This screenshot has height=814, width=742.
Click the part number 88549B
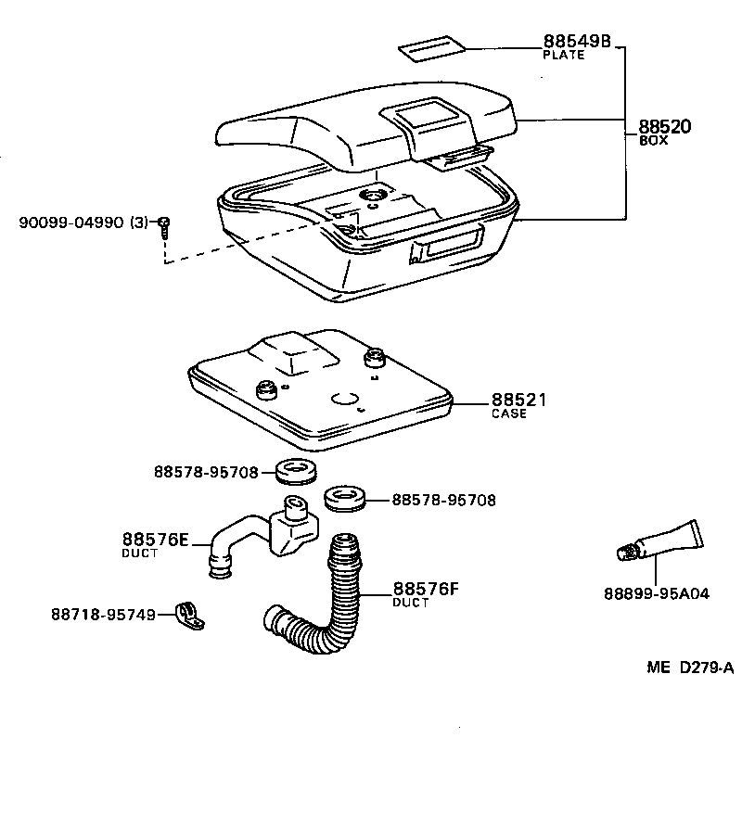tap(576, 42)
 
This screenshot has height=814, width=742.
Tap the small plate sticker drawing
tap(433, 48)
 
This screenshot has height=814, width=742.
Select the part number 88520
tap(665, 127)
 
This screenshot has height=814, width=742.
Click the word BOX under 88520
tap(653, 141)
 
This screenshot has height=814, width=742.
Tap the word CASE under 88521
tap(508, 414)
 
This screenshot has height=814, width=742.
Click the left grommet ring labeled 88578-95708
tap(298, 470)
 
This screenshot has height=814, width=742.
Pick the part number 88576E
tap(155, 540)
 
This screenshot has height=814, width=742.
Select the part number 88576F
tap(427, 588)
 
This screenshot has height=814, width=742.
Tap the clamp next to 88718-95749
tap(190, 614)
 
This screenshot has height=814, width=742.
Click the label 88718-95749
tap(103, 614)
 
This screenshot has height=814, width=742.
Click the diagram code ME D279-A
tap(690, 668)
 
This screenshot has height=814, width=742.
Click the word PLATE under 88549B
tap(563, 56)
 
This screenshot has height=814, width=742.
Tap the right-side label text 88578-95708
tap(443, 500)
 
